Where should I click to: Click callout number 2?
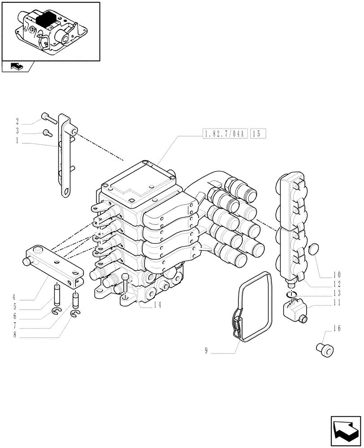pos(17,121)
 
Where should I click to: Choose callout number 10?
pos(337,274)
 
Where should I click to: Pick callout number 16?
pos(337,329)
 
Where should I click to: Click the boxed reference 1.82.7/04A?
pos(225,133)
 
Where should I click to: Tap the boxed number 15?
pos(259,133)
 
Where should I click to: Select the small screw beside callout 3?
pos(47,132)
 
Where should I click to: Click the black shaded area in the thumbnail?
pos(45,20)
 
